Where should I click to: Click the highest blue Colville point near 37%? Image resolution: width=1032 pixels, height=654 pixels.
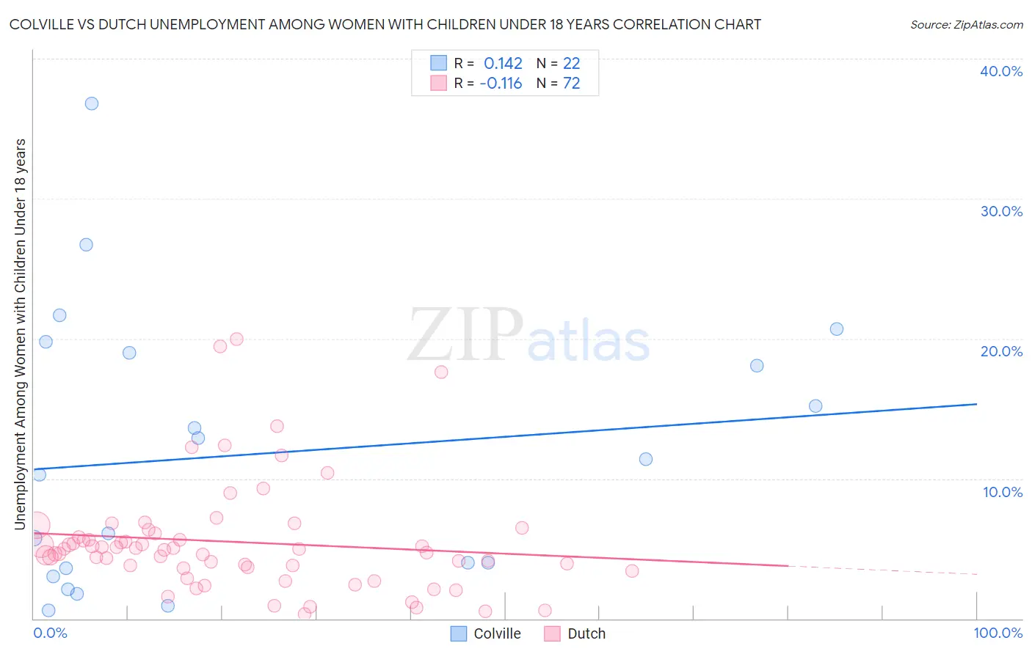tap(92, 103)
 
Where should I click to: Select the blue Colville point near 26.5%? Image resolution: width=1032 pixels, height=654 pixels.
tap(86, 245)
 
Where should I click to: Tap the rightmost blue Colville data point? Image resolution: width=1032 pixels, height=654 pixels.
tap(837, 329)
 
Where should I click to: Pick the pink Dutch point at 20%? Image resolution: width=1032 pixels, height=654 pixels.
tap(236, 339)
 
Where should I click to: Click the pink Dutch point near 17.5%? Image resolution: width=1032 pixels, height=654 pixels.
tap(441, 372)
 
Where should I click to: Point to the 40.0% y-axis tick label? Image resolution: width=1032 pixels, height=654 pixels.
tap(1001, 71)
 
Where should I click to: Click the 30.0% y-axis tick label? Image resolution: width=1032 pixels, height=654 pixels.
tap(1001, 211)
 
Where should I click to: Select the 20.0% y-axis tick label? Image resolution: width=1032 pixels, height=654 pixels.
tap(1001, 351)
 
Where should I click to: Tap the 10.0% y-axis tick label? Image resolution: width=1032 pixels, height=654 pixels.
tap(1003, 492)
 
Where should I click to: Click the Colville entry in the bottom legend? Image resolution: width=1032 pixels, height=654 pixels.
tap(497, 634)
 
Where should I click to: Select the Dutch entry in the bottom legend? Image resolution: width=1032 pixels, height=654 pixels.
tap(586, 634)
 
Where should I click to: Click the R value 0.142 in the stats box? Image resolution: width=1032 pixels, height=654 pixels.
tap(503, 64)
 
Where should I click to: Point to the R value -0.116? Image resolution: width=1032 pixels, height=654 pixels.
tap(501, 84)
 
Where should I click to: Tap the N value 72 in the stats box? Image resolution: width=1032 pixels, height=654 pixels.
tap(571, 84)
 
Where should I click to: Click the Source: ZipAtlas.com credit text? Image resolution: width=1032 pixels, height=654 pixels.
tap(966, 25)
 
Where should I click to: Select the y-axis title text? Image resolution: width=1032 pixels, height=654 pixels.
tap(20, 334)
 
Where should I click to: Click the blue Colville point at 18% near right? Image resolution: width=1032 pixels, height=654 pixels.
tap(757, 366)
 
